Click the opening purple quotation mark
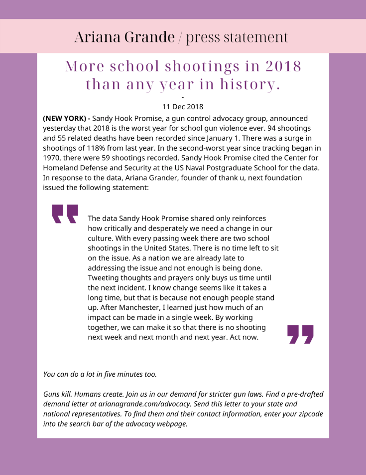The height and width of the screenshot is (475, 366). click(65, 214)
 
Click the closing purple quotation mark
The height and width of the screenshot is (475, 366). click(301, 334)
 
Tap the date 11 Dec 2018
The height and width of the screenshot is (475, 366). click(183, 107)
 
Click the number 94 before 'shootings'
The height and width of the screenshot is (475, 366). click(272, 128)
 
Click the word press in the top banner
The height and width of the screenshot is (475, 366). click(206, 37)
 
